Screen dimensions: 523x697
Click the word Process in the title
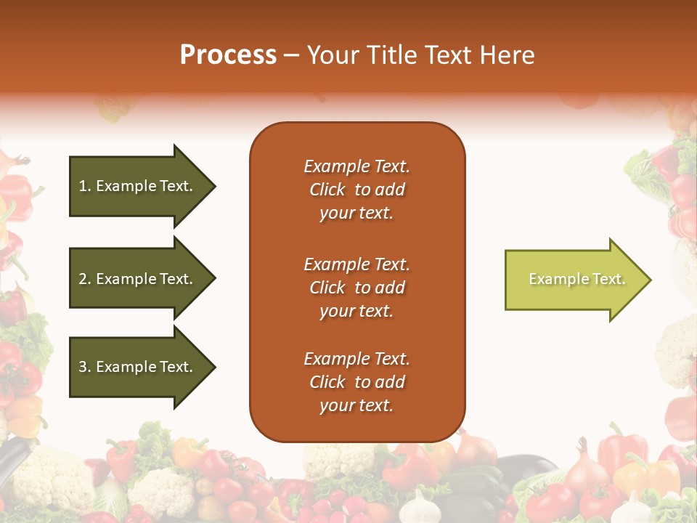228,55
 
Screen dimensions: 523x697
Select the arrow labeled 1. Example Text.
138,186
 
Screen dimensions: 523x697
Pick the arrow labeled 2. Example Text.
138,279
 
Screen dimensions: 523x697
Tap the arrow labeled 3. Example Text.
138,367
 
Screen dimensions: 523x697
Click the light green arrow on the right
574,280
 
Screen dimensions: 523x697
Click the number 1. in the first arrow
85,186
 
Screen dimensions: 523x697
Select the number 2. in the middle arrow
85,279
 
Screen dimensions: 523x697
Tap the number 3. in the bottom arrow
85,367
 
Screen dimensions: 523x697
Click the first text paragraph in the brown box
357,190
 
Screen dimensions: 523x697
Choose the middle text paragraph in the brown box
357,288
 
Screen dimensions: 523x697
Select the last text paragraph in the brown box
357,382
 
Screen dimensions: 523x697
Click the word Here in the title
508,55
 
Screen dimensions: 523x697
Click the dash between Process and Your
291,56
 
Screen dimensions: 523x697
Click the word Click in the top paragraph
327,190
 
